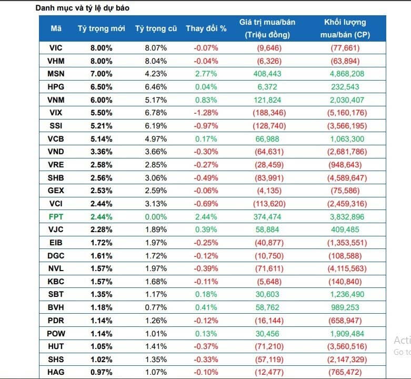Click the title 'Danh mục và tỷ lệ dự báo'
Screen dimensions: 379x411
coord(84,8)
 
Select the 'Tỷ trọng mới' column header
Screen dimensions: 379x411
coord(101,28)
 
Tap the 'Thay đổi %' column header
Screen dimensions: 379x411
coord(206,28)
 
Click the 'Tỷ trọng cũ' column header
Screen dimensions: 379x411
coord(156,28)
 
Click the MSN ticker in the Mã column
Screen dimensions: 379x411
coord(56,73)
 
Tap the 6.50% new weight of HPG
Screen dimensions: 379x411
coord(101,86)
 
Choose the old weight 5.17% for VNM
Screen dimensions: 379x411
coord(156,99)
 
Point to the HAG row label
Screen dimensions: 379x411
coord(56,373)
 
